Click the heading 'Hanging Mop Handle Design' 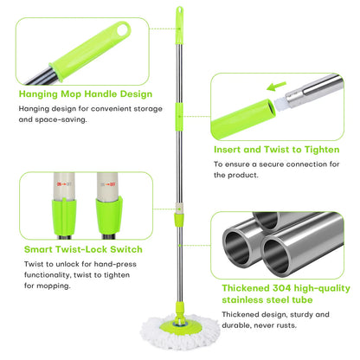pos(86,94)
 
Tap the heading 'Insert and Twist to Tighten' pos(277,150)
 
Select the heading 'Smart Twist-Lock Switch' pos(83,249)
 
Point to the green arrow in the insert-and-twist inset pos(276,87)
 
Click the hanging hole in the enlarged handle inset pos(123,30)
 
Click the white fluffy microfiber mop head pos(180,331)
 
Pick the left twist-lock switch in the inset pos(64,206)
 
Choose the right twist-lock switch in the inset pos(109,206)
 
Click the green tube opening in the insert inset pos(271,108)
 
